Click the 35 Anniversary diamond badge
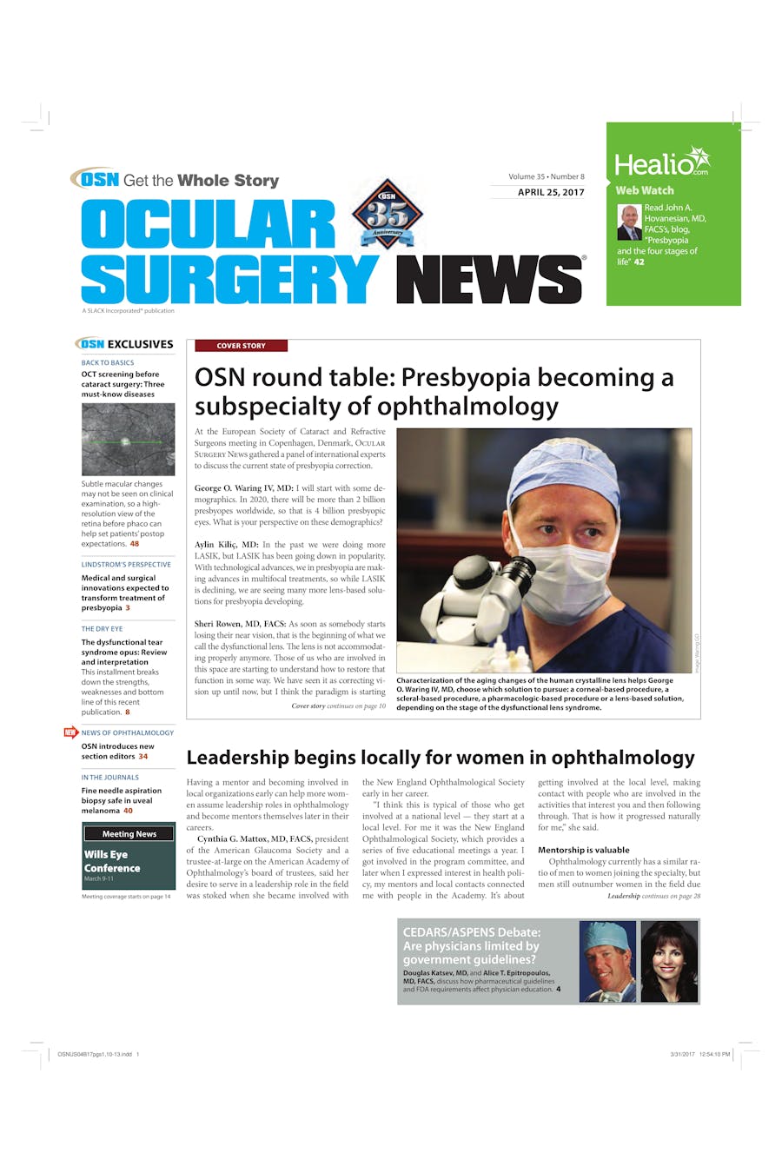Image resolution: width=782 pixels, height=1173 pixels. tap(387, 214)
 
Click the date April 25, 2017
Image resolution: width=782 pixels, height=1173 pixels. tap(551, 192)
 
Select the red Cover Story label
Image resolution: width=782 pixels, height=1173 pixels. tap(241, 346)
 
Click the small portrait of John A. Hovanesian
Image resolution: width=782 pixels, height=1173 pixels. tap(629, 222)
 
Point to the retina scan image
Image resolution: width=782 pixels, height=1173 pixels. tap(128, 440)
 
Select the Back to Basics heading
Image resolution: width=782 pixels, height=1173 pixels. tap(108, 363)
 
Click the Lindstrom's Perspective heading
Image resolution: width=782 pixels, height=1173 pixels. tap(126, 565)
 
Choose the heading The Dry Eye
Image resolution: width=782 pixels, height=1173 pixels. tap(102, 629)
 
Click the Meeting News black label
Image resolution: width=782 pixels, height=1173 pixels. tap(129, 834)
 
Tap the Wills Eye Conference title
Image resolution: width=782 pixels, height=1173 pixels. tap(112, 861)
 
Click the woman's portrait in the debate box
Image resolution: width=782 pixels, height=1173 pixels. tap(669, 962)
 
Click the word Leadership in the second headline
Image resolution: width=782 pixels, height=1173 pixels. tap(238, 758)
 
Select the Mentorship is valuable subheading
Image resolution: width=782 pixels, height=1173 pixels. tap(583, 850)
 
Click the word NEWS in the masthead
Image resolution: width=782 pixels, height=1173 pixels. tap(489, 280)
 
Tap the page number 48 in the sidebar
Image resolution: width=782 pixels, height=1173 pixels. tap(135, 544)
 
